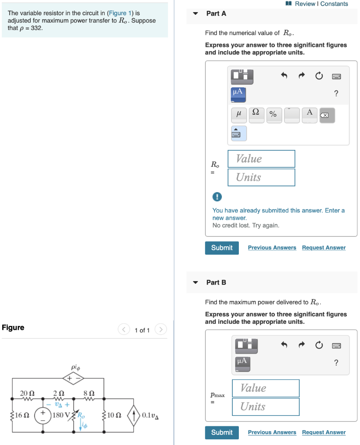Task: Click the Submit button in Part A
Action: (x=221, y=248)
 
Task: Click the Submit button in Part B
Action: (x=221, y=432)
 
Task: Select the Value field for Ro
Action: (x=261, y=159)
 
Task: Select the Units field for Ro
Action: (x=261, y=177)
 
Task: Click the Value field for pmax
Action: (x=265, y=388)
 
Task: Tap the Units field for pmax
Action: (x=265, y=407)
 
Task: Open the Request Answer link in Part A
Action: (x=324, y=248)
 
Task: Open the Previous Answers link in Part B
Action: (x=272, y=432)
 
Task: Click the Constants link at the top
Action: (x=334, y=4)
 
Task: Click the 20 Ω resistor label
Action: (x=27, y=393)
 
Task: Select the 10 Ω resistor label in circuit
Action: (x=114, y=415)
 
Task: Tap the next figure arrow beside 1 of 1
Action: (x=161, y=330)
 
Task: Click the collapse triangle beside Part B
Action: (x=195, y=282)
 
